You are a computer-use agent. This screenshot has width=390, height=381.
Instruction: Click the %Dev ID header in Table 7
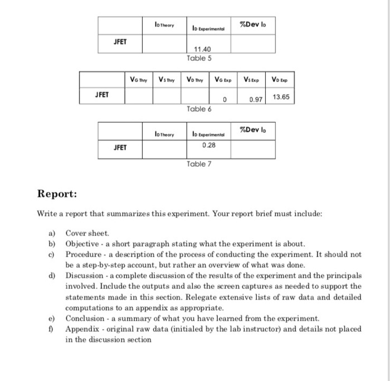pyautogui.click(x=252, y=131)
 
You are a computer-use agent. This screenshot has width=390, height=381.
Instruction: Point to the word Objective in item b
pyautogui.click(x=83, y=244)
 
